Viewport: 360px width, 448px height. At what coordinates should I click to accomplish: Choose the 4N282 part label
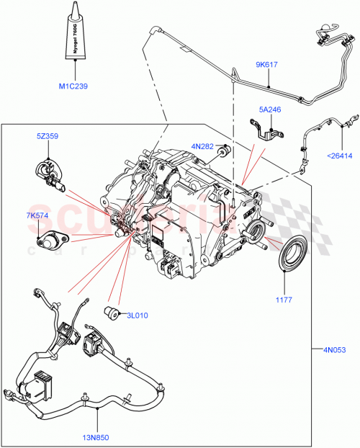(x=203, y=147)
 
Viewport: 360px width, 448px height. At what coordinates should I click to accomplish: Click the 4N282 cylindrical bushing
(x=224, y=152)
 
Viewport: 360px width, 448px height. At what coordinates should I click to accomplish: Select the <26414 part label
(x=338, y=154)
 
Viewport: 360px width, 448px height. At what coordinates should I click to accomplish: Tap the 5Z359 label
(x=49, y=135)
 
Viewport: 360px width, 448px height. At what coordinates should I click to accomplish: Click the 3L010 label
(x=138, y=315)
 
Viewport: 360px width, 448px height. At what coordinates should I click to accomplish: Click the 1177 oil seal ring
(x=292, y=256)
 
